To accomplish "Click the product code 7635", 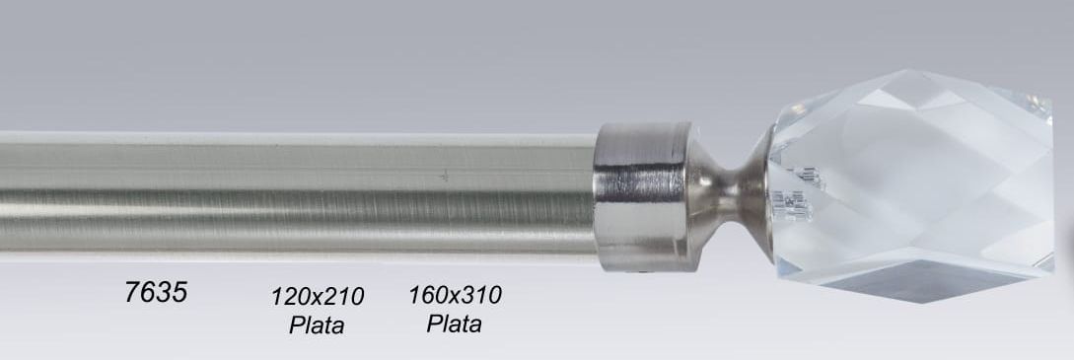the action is (x=156, y=292).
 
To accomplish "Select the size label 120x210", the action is (x=318, y=297).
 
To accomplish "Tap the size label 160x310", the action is (x=455, y=295).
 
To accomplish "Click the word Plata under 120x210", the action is (x=317, y=324).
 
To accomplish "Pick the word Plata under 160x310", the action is (x=454, y=324).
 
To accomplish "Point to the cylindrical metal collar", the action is (x=642, y=196).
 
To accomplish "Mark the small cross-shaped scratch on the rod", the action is (x=445, y=177).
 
